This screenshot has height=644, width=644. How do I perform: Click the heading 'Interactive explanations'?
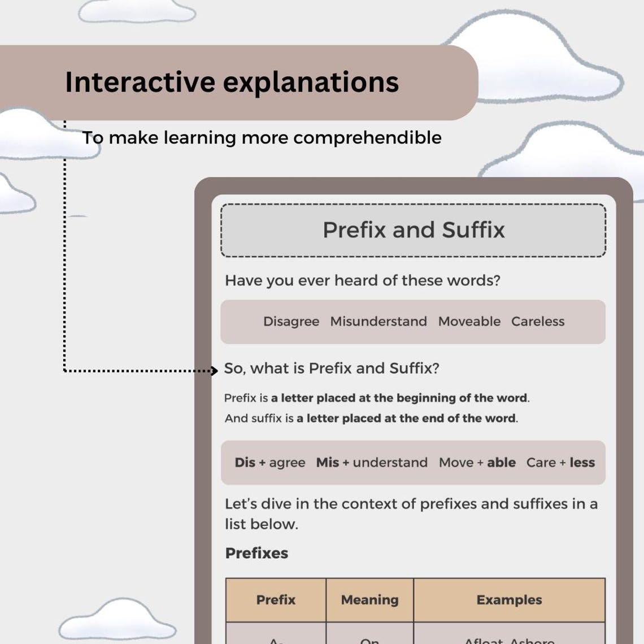coord(232,82)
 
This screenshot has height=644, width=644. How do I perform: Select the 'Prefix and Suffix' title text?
coord(413,230)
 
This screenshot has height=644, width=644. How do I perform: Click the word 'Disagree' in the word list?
coord(291,321)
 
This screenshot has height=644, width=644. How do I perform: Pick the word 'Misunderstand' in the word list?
coord(378,321)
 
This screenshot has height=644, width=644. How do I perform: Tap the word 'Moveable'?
coord(469,321)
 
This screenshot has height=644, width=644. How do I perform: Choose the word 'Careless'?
coord(538,321)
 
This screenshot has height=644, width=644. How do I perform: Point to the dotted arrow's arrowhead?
coord(214,371)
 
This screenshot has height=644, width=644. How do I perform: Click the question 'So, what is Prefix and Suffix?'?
coord(332,368)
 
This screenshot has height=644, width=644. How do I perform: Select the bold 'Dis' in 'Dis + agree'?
coord(245,463)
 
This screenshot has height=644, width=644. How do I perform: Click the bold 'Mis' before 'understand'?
coord(328,463)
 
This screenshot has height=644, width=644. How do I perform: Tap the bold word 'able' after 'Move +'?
coord(501,463)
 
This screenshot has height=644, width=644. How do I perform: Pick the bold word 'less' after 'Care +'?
coord(582,463)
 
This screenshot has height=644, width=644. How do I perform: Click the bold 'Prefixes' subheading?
coord(256,553)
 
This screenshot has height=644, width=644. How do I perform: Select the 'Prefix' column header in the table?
coord(276,600)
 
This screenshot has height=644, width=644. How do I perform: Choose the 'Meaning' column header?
coord(369,600)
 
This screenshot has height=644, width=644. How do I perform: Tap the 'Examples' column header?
coord(509,600)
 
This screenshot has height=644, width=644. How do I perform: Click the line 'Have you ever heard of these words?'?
coord(363,281)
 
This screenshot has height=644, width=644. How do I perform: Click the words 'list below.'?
coord(261,524)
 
